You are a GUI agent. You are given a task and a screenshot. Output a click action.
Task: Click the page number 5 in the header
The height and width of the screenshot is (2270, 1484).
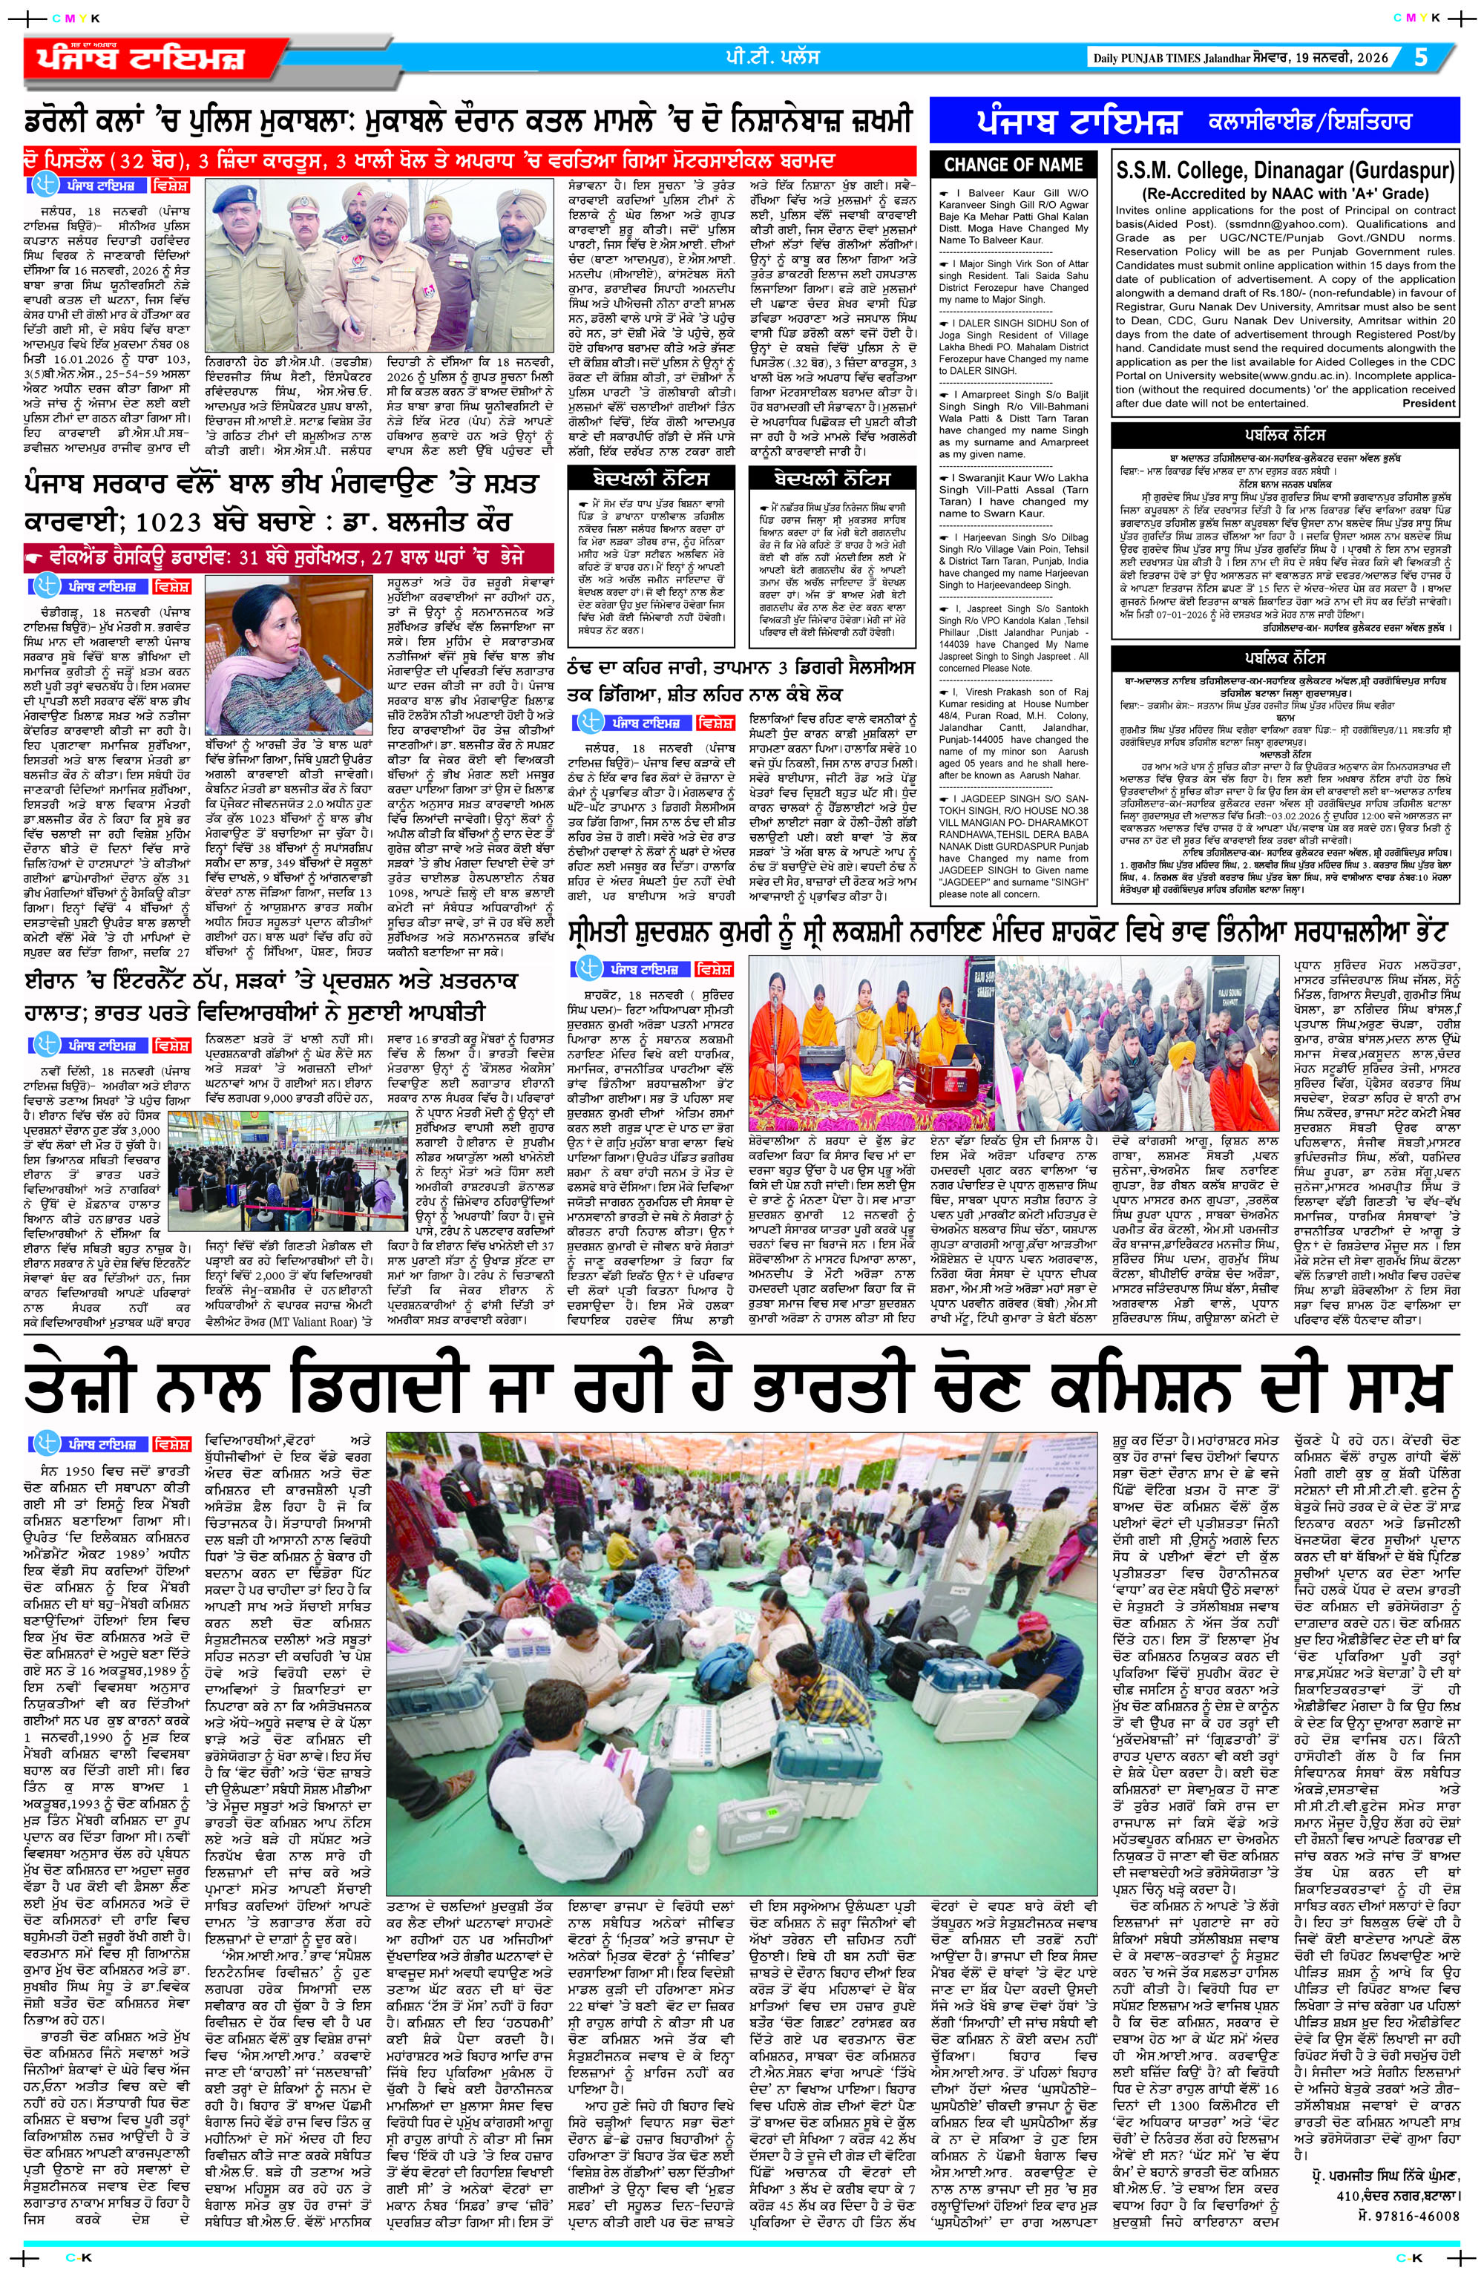(x=1421, y=56)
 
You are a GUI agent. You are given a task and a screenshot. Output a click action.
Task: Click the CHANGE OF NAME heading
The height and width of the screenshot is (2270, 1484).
(x=1012, y=164)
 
